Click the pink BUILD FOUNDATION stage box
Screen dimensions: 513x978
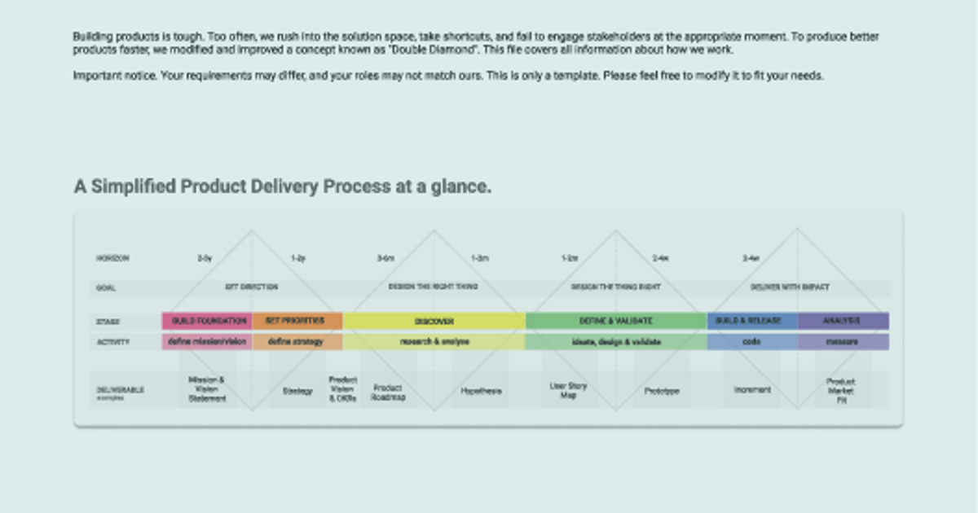click(x=207, y=321)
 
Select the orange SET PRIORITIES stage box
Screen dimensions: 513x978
click(x=297, y=321)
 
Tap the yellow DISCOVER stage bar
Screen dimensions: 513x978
click(x=434, y=321)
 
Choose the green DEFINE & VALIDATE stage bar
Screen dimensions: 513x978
click(x=616, y=321)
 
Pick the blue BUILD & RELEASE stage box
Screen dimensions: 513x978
click(x=752, y=321)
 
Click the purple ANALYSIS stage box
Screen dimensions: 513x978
click(x=844, y=321)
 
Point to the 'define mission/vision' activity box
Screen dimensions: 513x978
click(x=207, y=342)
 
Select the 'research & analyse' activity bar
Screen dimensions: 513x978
click(x=434, y=342)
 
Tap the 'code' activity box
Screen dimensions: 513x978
click(x=752, y=342)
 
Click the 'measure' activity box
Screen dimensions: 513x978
click(x=844, y=342)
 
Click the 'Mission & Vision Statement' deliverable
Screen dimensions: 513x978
click(x=207, y=389)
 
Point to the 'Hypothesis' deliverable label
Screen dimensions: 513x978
click(x=481, y=391)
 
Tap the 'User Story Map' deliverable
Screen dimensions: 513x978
click(x=568, y=390)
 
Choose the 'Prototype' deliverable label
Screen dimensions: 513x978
click(x=662, y=391)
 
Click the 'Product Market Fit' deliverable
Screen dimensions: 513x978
click(x=841, y=391)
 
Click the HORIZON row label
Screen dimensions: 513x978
click(x=112, y=258)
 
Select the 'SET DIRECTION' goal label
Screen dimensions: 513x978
click(x=251, y=287)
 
